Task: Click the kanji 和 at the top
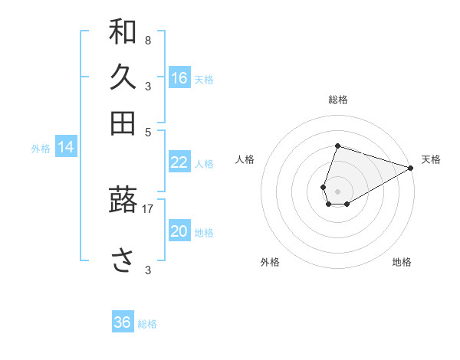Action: pos(123,32)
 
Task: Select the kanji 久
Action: pos(123,77)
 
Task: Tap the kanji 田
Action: pos(123,123)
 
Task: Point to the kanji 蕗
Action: pos(123,201)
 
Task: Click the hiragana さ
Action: pos(123,261)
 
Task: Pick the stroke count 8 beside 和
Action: pos(147,40)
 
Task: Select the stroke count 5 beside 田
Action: pos(148,131)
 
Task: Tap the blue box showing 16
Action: pos(179,77)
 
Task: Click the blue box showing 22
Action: pos(179,162)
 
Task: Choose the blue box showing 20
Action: pos(179,231)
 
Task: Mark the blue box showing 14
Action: pos(66,147)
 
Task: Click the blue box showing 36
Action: pos(123,322)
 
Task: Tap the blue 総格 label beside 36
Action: pos(147,324)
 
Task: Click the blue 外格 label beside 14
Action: pos(41,149)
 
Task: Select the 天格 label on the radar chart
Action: pos(431,159)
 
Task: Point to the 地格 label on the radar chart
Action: pos(402,262)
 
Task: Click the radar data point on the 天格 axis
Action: pos(411,168)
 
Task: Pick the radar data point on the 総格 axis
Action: pos(337,146)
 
